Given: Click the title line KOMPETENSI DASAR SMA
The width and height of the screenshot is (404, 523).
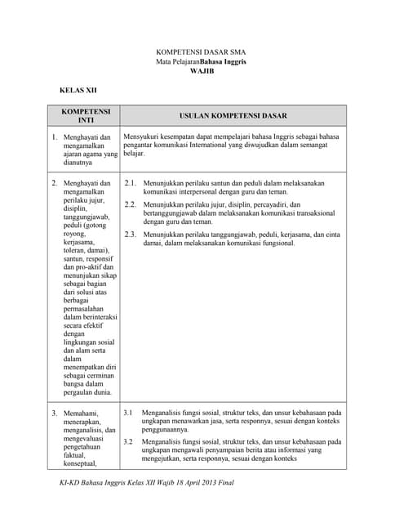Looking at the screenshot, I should (202, 51).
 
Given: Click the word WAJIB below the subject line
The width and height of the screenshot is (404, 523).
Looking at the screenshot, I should (202, 71).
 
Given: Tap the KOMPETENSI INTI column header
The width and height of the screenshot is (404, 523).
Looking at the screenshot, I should (86, 115).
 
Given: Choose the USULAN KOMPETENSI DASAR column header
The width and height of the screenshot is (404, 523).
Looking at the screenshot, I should (233, 116).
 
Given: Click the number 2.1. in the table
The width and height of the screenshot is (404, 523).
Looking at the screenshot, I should (131, 185).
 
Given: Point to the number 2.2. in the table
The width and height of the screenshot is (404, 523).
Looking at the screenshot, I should (131, 204).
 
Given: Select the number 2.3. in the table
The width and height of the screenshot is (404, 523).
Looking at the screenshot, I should (131, 235).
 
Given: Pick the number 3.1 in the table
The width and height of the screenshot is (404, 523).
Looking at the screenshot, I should (128, 413).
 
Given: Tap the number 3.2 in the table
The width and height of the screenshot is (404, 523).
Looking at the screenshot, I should (128, 441).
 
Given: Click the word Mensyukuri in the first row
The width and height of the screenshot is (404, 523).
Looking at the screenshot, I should (141, 136).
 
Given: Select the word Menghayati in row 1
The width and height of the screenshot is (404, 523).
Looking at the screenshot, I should (82, 138).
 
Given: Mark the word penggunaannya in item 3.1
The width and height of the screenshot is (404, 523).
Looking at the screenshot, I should (166, 429).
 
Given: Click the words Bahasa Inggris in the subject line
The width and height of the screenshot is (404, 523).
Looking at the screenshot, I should (224, 61).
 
